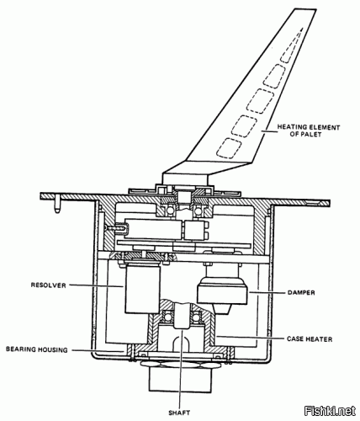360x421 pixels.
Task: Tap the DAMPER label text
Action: click(x=301, y=293)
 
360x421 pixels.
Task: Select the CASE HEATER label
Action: click(x=310, y=339)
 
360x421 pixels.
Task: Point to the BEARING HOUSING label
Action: click(x=37, y=349)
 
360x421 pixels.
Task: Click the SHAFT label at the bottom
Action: click(x=179, y=413)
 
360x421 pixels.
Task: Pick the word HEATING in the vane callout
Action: click(x=292, y=127)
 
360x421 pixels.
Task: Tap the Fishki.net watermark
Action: click(x=330, y=412)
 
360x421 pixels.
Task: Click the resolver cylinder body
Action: click(x=143, y=289)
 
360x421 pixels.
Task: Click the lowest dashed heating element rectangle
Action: click(x=230, y=148)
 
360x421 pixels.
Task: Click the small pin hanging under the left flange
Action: click(x=57, y=205)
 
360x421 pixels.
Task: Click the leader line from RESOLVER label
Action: click(x=97, y=285)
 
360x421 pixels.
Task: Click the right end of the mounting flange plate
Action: click(x=330, y=202)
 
